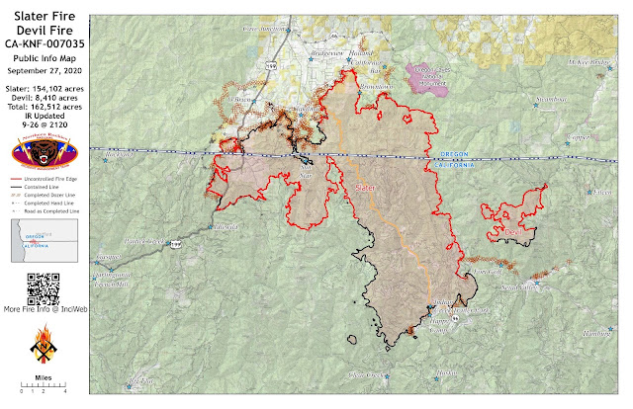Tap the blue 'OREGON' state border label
point(450,154)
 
